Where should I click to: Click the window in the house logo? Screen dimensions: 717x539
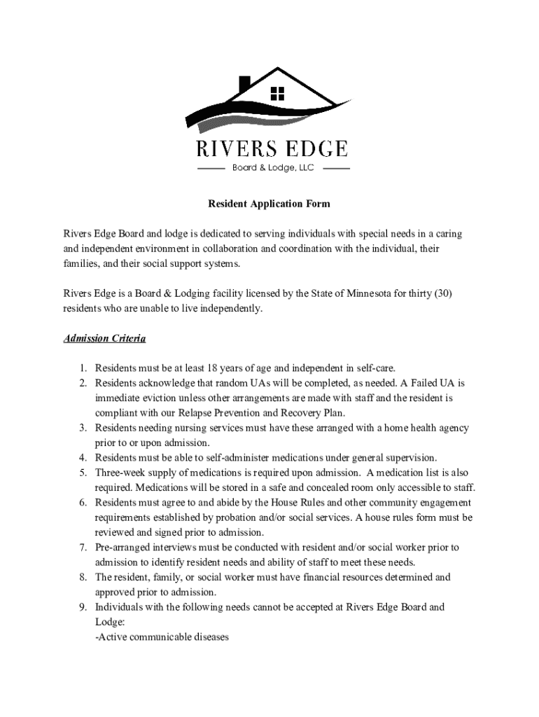coord(278,93)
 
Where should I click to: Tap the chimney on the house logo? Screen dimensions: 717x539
coord(244,84)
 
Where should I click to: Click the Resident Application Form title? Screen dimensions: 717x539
coord(269,204)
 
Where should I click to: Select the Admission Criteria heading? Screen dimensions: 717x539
coord(104,339)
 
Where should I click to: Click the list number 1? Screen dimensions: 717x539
coord(82,368)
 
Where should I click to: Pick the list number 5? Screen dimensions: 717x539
coord(82,473)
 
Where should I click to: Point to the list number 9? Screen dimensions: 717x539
coord(82,607)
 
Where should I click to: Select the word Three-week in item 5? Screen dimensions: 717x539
coord(120,473)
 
